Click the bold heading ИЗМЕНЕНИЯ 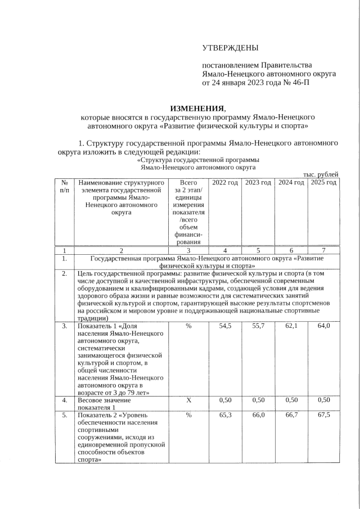(x=197, y=108)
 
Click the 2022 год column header (x=225, y=183)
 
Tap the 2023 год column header (x=258, y=183)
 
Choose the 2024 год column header (x=291, y=183)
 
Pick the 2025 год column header (x=323, y=183)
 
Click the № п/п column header (x=65, y=187)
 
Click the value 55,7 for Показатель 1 (x=258, y=326)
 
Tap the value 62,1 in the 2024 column (x=291, y=326)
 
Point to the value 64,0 (x=323, y=326)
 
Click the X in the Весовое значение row (x=188, y=400)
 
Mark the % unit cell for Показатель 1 (x=188, y=326)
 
